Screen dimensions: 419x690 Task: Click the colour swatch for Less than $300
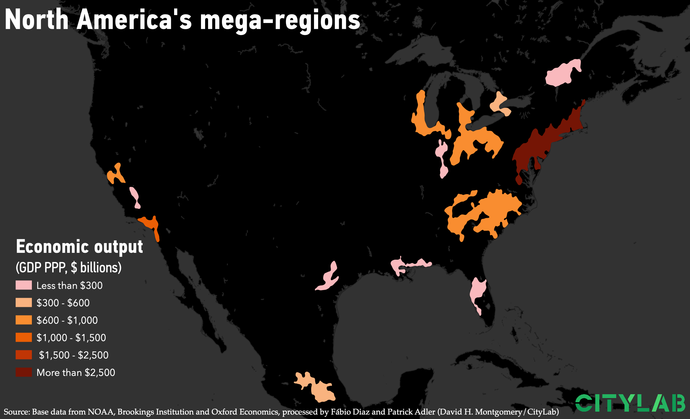(24, 285)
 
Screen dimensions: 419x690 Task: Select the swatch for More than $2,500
(24, 372)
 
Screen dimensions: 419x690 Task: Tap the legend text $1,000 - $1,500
(71, 338)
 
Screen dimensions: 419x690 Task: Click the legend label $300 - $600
(63, 303)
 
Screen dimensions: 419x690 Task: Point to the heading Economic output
(79, 247)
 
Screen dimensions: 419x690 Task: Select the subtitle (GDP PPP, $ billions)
(68, 267)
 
